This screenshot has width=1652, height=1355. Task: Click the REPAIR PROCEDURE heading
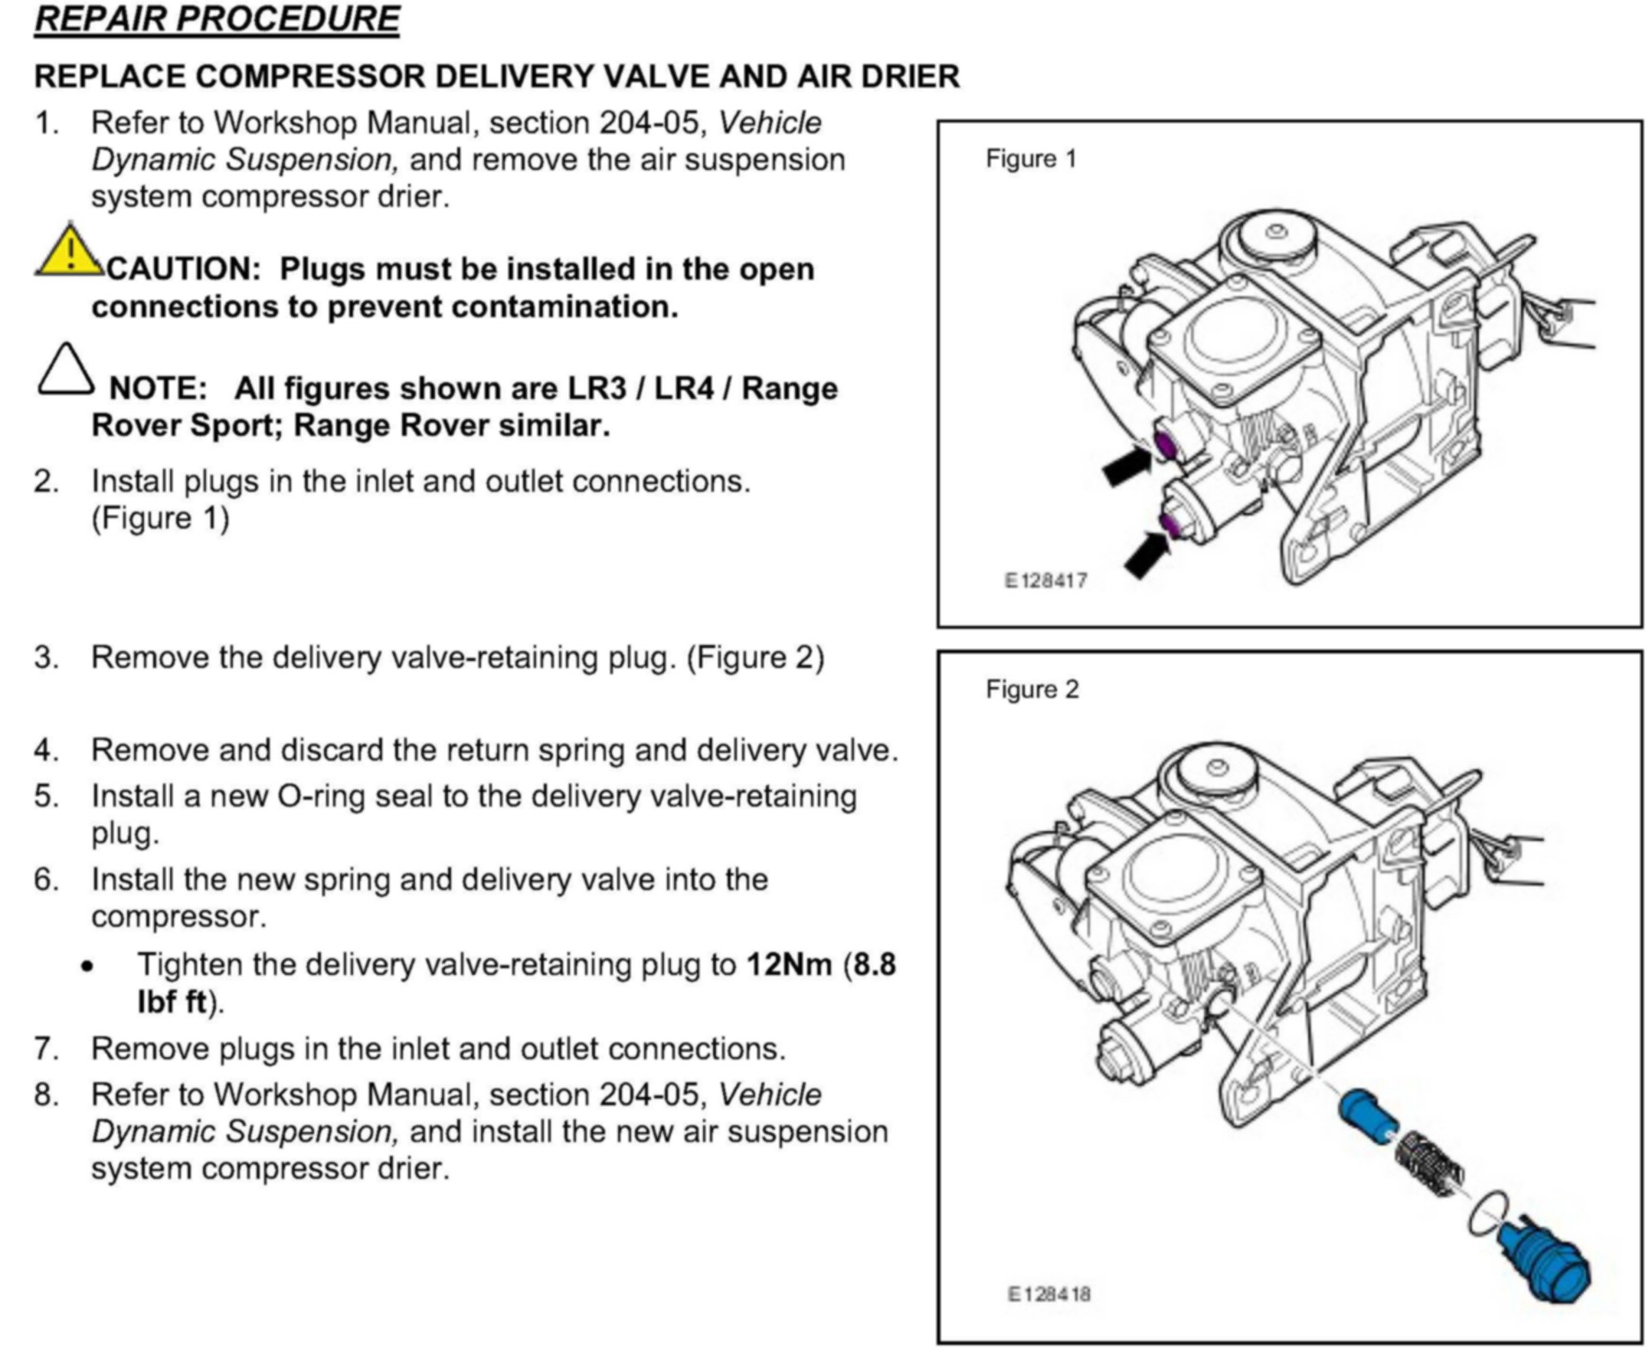[216, 18]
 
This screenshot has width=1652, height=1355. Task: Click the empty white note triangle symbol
[66, 370]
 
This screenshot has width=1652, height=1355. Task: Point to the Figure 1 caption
[1030, 159]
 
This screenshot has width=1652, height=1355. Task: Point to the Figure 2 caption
[1032, 690]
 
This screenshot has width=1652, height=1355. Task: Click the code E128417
[1045, 581]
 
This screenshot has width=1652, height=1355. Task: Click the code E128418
[1048, 1294]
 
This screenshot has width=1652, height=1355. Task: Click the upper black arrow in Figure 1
[1126, 466]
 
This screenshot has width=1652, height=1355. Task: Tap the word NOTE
[157, 388]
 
